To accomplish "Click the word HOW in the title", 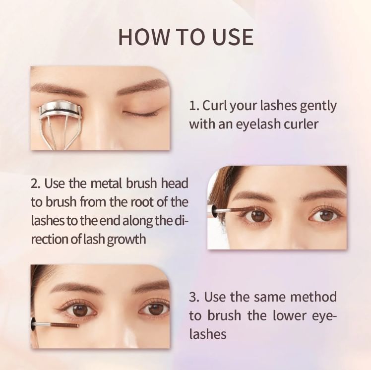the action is coord(144,37).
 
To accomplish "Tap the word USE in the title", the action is coord(233,37).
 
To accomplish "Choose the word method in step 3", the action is coord(313,297).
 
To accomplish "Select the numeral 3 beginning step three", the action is coord(193,298).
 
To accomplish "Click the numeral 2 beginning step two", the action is coord(34,184).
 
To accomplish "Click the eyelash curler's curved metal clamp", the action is coord(61,109).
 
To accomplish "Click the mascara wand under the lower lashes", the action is coord(55,324).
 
